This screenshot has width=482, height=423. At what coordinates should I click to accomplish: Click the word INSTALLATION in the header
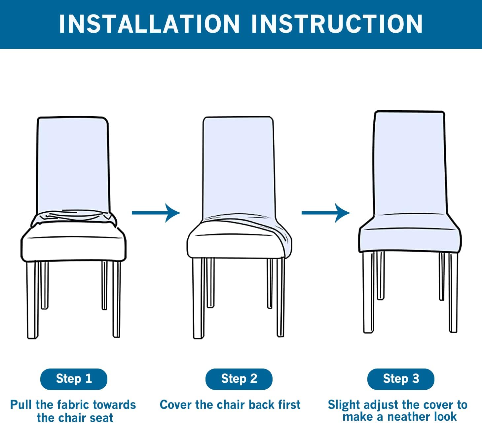149,24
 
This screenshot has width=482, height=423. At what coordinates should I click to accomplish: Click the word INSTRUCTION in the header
337,24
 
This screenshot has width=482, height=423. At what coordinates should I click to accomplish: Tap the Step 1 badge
74,379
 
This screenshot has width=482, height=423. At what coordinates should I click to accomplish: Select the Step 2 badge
239,379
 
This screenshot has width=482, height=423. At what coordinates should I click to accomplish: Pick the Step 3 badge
401,379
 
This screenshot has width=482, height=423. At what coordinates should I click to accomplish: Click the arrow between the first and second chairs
156,213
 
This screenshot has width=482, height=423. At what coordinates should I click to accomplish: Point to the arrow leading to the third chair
326,213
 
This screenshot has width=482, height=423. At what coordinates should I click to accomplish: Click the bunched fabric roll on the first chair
74,218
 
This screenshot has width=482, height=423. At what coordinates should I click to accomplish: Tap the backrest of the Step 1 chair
73,164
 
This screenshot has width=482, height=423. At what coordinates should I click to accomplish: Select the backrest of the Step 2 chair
239,166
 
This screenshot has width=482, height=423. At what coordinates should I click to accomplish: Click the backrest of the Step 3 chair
410,163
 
